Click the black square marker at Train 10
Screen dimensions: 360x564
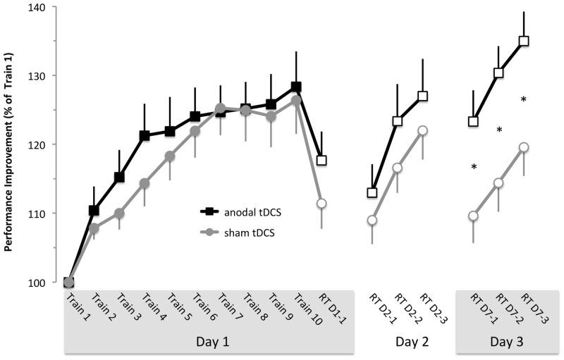[296, 87]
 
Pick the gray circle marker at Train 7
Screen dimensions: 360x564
[220, 108]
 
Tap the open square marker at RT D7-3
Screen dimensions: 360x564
[524, 41]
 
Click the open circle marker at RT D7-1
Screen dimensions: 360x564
[473, 216]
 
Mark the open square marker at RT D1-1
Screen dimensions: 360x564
[321, 160]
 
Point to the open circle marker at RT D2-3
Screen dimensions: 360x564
[423, 130]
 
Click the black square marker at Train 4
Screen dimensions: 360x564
[145, 135]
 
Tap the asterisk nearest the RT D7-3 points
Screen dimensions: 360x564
[524, 99]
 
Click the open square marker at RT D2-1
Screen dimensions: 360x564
[372, 192]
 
